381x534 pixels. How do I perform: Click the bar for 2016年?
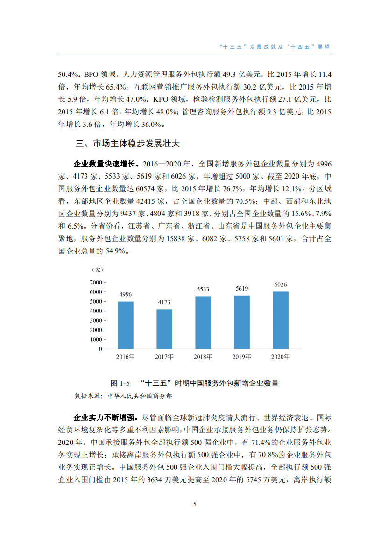pos(125,325)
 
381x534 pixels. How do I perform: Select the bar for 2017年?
pos(164,329)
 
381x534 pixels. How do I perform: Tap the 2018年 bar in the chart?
pos(203,322)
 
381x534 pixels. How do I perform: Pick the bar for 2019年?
pos(241,322)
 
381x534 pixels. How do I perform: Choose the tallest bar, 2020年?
pos(281,320)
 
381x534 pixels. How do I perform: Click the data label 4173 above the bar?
pos(164,302)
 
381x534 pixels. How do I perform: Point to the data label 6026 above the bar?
pos(281,284)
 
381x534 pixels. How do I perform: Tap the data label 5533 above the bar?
pos(203,289)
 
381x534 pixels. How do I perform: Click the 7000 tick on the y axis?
pos(95,282)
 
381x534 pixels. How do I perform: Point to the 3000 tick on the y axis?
pos(95,320)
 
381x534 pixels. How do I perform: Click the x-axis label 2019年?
pos(241,357)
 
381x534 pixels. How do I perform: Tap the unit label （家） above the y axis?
pos(98,270)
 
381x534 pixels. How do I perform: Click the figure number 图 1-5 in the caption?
pos(120,383)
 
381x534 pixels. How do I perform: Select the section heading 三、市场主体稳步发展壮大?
pos(127,144)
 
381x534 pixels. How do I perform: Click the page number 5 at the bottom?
pos(195,504)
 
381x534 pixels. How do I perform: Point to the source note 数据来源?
pos(88,396)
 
